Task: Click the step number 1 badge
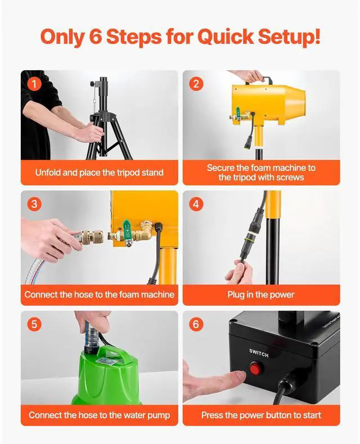34,84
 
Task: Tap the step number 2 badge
196,84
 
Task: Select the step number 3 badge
34,204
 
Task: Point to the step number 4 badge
196,204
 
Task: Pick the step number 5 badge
34,324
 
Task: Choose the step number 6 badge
196,324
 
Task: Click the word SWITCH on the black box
259,353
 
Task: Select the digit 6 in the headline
96,37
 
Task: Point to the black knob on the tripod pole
92,84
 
